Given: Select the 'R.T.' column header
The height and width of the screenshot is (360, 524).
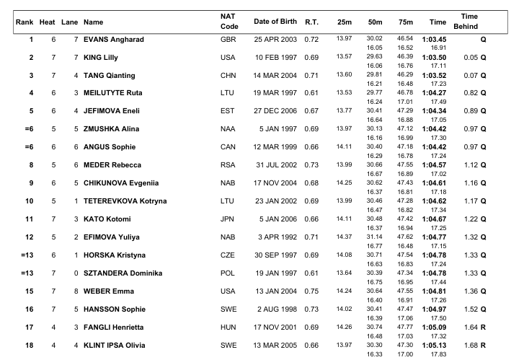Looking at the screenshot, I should pos(311,22).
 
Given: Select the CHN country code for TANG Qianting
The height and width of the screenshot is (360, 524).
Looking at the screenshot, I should pos(228,75).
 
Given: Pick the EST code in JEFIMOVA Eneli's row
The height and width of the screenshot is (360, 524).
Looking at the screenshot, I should pos(227,111).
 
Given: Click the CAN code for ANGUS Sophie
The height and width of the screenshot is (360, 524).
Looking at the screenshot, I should pos(228,147).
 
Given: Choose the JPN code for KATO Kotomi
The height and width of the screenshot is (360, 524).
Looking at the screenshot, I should pos(227,219).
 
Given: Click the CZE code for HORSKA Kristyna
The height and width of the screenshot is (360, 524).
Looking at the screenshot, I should pos(227,255).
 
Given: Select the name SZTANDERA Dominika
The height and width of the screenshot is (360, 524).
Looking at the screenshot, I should pos(120,273).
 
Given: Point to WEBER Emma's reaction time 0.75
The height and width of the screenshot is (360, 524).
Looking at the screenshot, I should pos(311,291).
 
